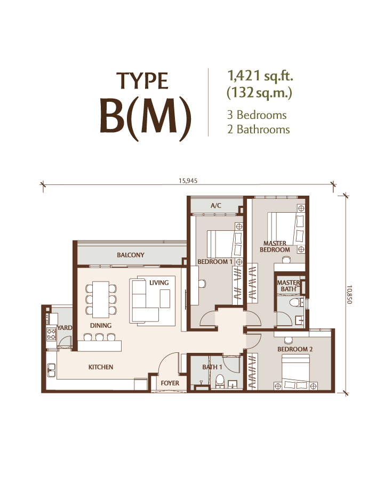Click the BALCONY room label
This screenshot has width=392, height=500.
coord(131,255)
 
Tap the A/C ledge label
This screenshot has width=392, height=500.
coord(215,206)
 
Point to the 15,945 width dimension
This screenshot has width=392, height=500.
coord(188,181)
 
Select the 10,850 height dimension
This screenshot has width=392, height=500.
coord(349,294)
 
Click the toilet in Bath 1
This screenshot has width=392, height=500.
coord(220,381)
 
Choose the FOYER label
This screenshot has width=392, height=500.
coord(170,383)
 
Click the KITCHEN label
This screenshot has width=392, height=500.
coord(100,367)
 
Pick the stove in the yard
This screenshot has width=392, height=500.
coord(51,334)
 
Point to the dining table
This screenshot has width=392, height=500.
coord(101,300)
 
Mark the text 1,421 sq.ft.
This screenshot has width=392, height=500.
coord(260,76)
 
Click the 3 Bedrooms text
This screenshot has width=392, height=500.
coord(257,115)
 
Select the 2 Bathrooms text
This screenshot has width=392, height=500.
coord(258,129)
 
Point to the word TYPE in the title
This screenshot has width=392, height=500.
coord(142,81)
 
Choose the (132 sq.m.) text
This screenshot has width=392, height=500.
coord(259,93)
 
